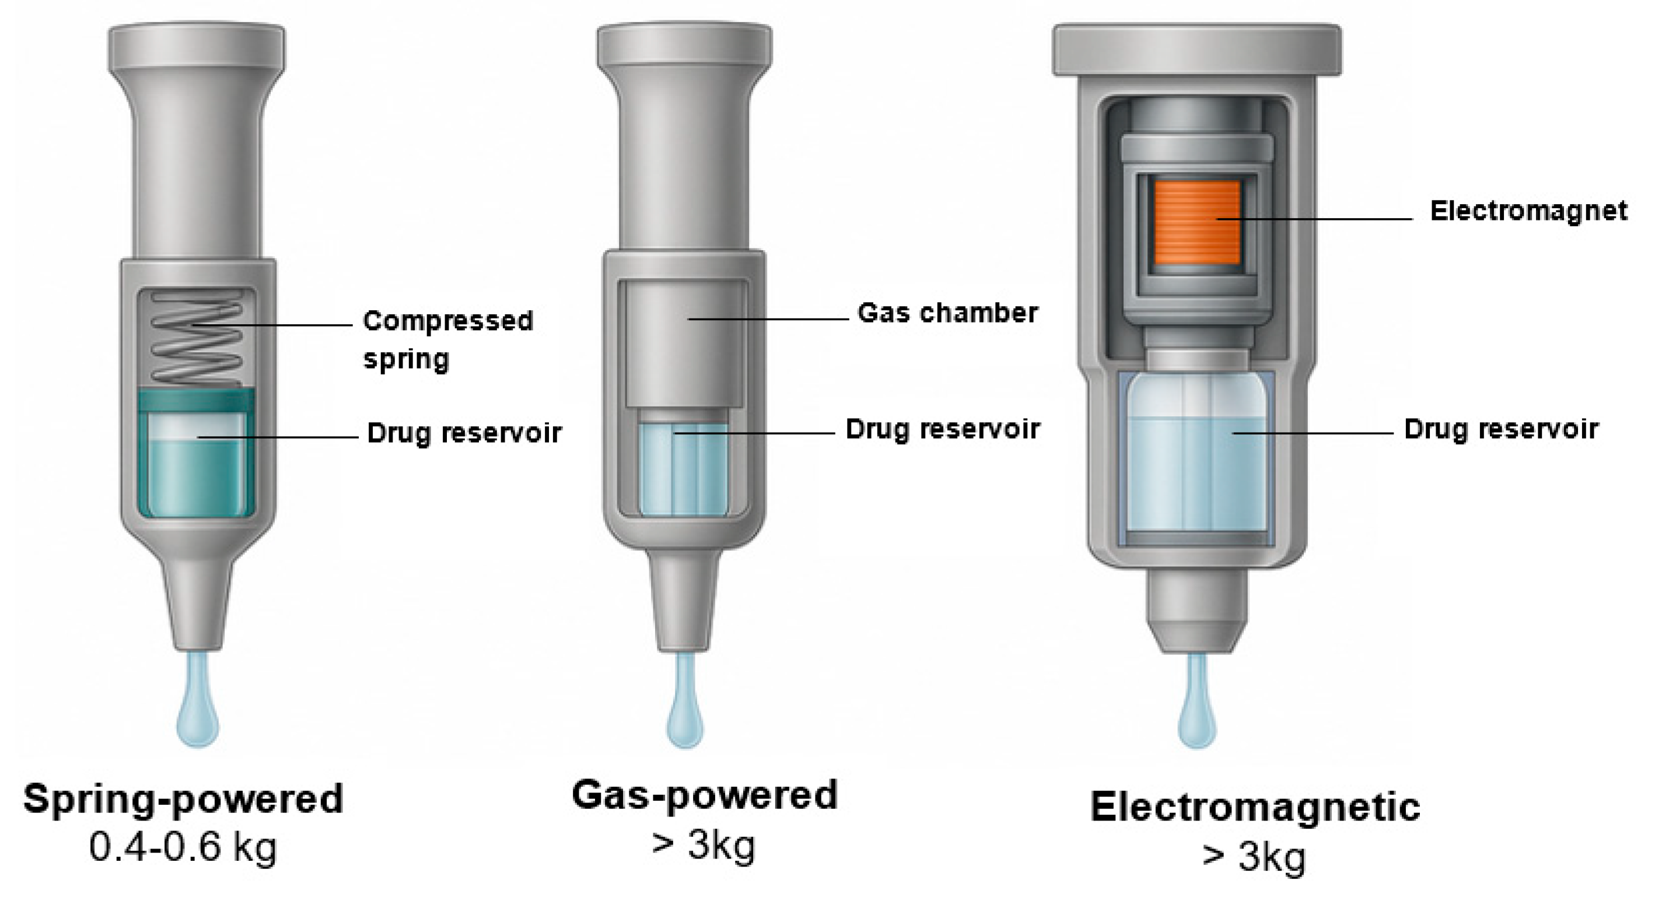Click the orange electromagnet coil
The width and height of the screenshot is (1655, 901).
point(1196,222)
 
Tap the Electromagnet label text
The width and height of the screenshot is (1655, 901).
point(1528,211)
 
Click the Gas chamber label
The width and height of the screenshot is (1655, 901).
point(947,313)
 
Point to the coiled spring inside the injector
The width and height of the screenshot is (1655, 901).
point(197,337)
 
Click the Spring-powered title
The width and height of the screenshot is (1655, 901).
point(183,800)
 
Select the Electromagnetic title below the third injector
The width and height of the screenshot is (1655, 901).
point(1255,807)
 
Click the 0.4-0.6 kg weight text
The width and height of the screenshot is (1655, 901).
point(183,848)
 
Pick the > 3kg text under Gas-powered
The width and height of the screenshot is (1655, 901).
point(704,844)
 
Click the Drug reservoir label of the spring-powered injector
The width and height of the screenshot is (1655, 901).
point(464,433)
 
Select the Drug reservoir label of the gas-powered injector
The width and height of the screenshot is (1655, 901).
point(942,429)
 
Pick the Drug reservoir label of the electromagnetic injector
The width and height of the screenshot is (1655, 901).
point(1501,429)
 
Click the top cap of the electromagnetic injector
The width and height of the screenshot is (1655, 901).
point(1196,50)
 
